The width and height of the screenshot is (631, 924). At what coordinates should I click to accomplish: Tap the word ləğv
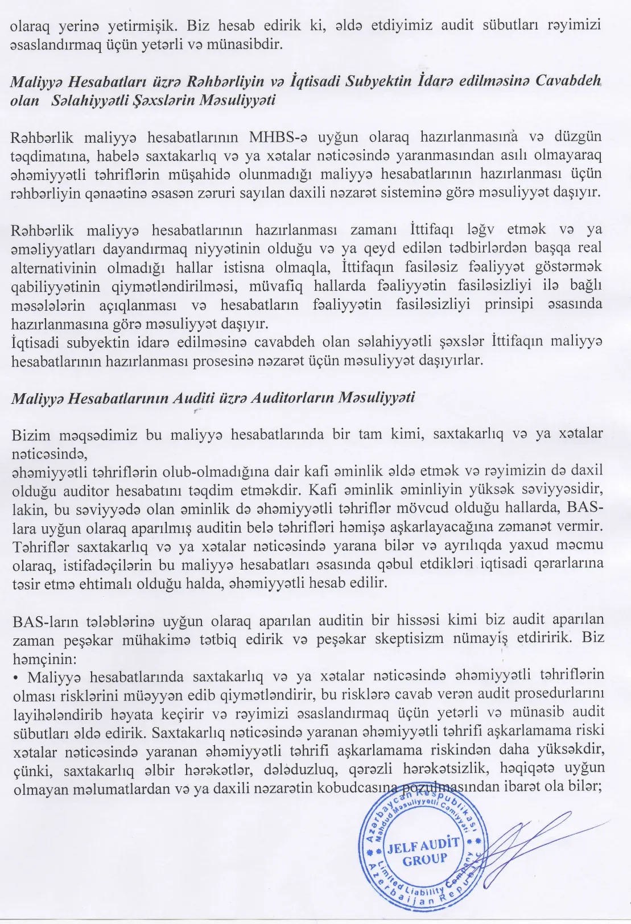pyautogui.click(x=480, y=230)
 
